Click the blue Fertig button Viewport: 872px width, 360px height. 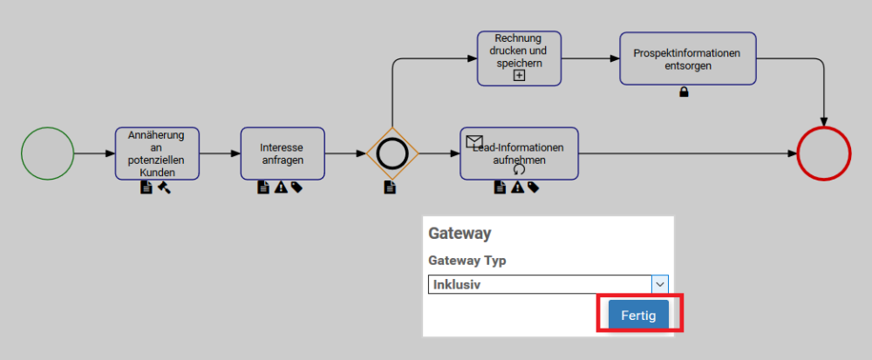[638, 314]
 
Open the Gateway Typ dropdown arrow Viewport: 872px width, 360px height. [660, 284]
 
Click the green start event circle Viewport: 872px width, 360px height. [48, 153]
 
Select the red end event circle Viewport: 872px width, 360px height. [824, 153]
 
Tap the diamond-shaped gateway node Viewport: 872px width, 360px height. [392, 153]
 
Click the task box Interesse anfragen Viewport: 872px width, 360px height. [283, 153]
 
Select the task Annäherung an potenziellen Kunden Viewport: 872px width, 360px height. [157, 153]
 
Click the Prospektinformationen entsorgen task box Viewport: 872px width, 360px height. [687, 58]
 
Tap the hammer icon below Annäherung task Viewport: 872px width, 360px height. [164, 187]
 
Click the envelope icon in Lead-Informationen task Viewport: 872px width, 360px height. [474, 141]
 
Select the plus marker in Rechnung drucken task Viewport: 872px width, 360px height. [519, 76]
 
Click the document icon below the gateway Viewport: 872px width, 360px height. [391, 187]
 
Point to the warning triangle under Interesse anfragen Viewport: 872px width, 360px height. [281, 187]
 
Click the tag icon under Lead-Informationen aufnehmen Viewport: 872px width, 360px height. [533, 187]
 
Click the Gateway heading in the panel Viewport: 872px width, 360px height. [460, 234]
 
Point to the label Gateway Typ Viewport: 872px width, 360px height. [467, 261]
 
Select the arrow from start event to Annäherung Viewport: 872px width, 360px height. [94, 153]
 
